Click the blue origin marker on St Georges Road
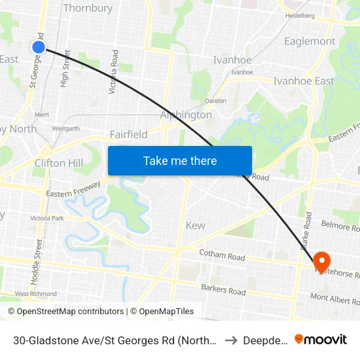39,46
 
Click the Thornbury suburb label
88,9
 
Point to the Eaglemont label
310,41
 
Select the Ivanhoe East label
304,81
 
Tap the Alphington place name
187,115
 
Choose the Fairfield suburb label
128,134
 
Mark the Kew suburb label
195,225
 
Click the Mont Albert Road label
334,299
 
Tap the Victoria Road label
115,71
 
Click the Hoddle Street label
39,257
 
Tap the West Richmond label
36,295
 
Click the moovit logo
321,340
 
